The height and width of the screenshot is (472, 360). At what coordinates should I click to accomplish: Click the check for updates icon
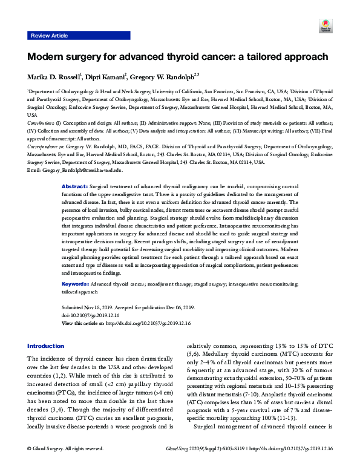click(323, 27)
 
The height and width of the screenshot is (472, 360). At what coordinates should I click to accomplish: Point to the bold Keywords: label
click(77, 283)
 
